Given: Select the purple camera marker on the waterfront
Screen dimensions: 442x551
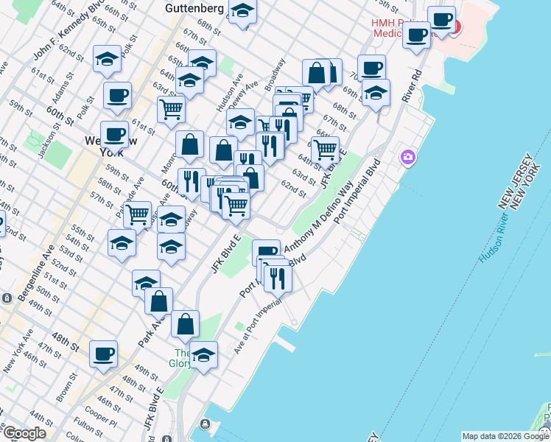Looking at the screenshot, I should (407, 157).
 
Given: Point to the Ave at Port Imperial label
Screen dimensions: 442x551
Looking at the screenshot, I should (258, 329).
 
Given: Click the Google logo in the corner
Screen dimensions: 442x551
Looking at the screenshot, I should (24, 432).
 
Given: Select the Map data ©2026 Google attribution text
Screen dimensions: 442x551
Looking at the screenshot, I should (505, 436).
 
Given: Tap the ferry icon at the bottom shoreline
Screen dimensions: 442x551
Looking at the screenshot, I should (206, 425).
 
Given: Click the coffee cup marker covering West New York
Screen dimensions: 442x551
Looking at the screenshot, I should (114, 133).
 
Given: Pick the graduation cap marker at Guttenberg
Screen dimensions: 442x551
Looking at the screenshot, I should (242, 12).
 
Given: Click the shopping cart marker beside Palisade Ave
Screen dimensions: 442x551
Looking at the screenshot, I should (137, 214).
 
